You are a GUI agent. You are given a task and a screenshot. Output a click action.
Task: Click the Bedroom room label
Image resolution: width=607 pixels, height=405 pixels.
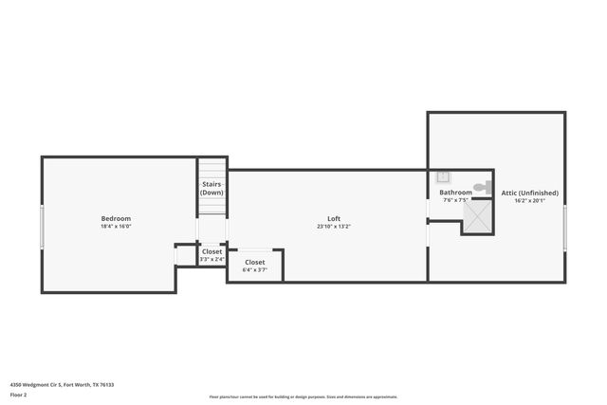click(116, 219)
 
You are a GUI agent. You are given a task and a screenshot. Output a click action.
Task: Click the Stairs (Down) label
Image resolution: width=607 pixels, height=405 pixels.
click(212, 188)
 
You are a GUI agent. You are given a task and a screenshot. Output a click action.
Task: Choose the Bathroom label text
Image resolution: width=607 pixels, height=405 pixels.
click(455, 193)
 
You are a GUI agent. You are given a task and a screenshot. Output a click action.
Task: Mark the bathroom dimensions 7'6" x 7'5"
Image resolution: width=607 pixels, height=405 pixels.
click(455, 200)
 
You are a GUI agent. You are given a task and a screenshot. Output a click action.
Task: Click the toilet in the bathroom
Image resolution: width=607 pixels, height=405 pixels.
click(481, 187)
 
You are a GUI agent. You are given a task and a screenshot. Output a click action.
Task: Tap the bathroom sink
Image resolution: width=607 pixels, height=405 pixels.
click(443, 176)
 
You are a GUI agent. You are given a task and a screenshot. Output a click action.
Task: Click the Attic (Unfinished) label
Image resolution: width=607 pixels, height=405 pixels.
click(529, 193)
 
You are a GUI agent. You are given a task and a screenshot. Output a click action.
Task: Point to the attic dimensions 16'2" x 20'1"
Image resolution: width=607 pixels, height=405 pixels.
click(529, 201)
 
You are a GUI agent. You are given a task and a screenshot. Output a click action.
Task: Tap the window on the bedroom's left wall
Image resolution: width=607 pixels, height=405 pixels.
click(41, 228)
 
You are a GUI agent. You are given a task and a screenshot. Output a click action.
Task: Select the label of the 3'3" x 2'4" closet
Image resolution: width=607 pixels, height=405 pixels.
click(212, 251)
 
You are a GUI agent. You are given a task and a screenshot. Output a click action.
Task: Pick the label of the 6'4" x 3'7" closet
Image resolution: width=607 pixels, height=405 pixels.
click(255, 262)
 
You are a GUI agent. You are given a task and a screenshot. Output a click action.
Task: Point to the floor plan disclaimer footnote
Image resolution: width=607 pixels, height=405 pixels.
click(303, 396)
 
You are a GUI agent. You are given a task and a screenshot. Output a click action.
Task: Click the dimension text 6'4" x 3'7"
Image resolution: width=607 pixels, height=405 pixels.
click(255, 270)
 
